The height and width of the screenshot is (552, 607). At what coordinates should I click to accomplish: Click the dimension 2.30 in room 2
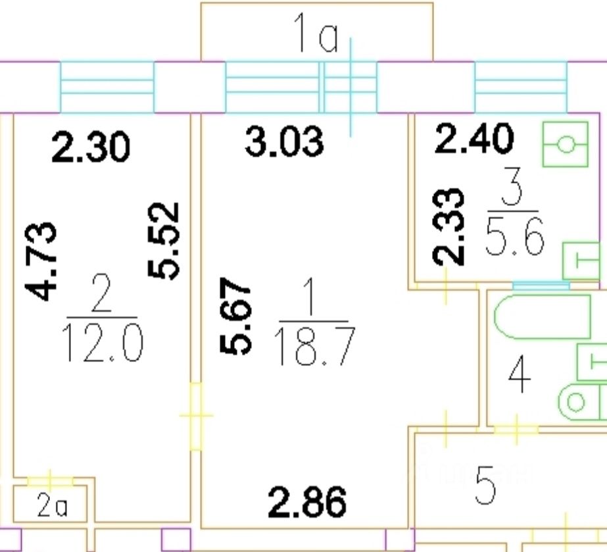91,147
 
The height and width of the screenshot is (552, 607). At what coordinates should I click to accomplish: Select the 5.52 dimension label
164,240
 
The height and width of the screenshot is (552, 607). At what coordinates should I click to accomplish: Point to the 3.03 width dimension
284,141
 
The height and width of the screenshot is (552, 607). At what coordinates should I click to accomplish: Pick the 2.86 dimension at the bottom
307,503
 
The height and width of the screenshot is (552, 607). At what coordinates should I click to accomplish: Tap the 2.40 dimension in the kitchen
473,139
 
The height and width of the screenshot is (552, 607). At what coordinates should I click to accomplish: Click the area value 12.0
103,343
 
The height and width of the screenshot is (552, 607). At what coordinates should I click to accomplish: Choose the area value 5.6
515,237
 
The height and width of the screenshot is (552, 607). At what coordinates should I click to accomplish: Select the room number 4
520,378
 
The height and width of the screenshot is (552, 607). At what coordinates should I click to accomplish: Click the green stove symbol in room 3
564,143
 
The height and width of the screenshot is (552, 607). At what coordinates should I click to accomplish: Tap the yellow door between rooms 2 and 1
196,416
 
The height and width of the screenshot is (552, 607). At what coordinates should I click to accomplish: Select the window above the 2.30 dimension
107,88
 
